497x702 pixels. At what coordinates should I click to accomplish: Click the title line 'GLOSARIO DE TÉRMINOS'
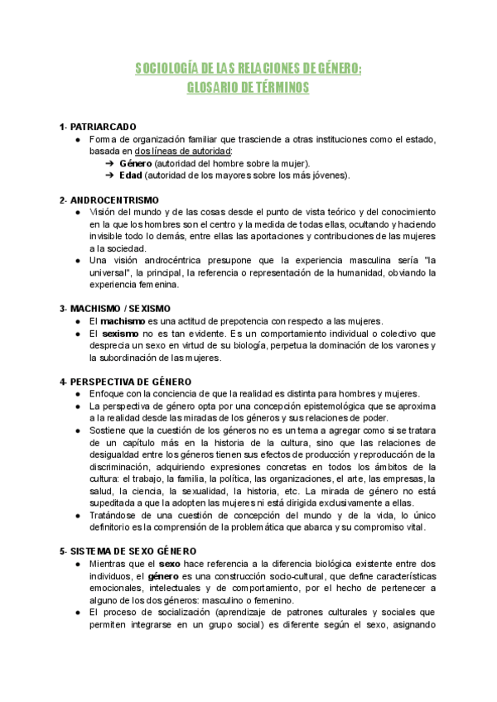pos(248,87)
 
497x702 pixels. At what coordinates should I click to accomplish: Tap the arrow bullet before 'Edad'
pos(109,175)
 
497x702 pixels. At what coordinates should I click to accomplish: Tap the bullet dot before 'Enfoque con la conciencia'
pos(77,393)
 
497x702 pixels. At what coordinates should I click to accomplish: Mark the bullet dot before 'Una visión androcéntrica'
pos(77,260)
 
